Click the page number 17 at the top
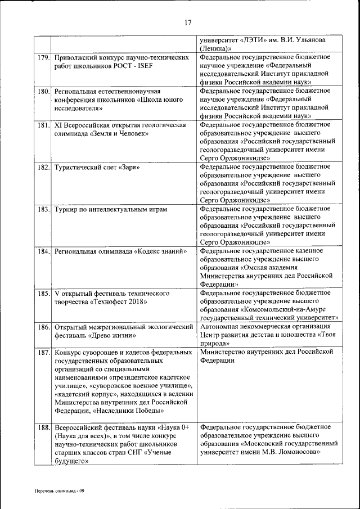pyautogui.click(x=188, y=22)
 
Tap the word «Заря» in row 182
pyautogui.click(x=129, y=168)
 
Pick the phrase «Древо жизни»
pyautogui.click(x=108, y=335)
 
